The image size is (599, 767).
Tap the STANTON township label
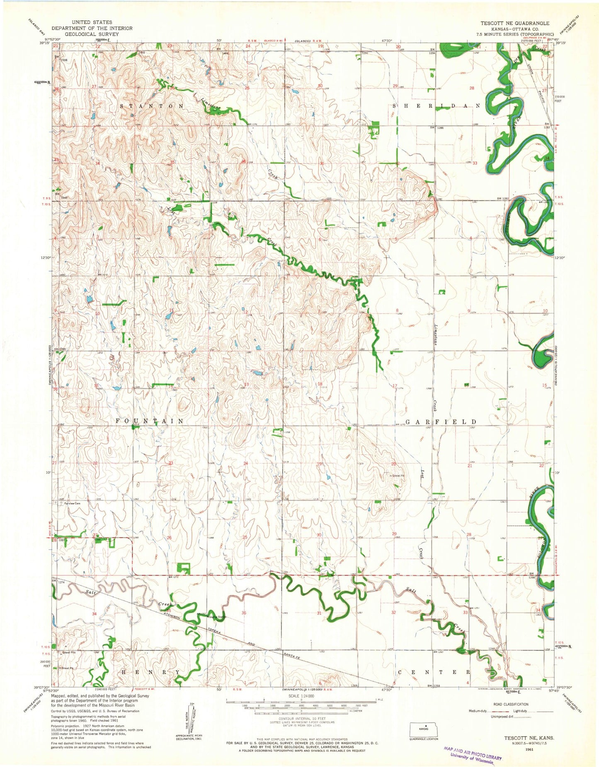[x=152, y=106]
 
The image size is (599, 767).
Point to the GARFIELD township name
[x=441, y=421]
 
